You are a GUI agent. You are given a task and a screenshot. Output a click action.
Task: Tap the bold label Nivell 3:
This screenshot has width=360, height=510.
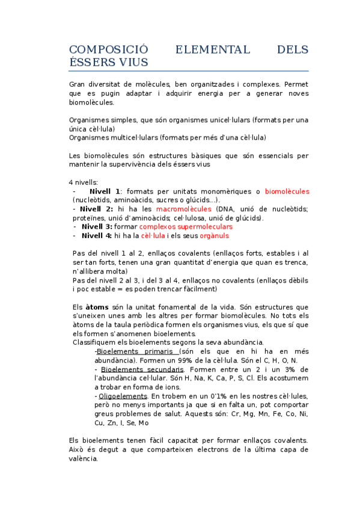97,227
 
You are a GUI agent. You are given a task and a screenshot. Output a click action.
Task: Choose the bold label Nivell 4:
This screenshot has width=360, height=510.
97,236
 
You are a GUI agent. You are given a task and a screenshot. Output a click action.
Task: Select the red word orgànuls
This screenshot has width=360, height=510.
214,236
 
